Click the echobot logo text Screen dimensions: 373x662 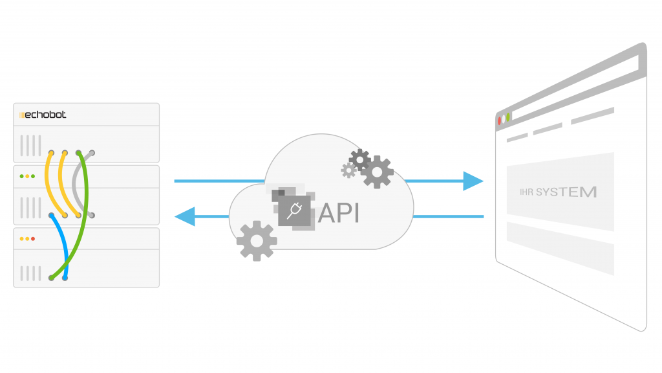point(44,115)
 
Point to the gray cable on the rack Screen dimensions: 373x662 point(77,185)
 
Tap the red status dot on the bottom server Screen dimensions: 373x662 point(33,239)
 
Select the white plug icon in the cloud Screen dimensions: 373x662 point(295,210)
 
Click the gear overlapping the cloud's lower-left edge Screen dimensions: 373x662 point(257,240)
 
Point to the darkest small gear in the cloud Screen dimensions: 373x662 point(359,159)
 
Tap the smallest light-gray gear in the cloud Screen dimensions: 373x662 point(349,170)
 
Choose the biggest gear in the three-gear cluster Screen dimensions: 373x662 point(377,172)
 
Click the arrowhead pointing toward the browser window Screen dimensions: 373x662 point(474,181)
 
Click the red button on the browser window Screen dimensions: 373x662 point(500,120)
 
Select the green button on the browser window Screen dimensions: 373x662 point(508,117)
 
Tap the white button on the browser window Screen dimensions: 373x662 point(504,119)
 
